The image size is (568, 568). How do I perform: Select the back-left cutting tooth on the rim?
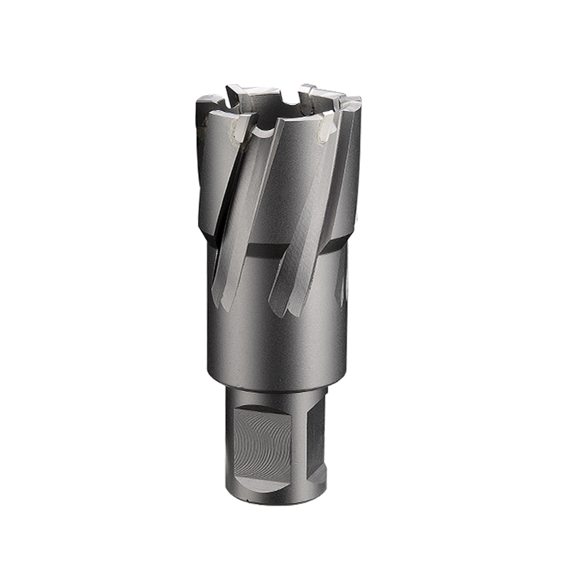(x=245, y=92)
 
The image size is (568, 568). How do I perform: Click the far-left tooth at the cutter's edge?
(x=207, y=106)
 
